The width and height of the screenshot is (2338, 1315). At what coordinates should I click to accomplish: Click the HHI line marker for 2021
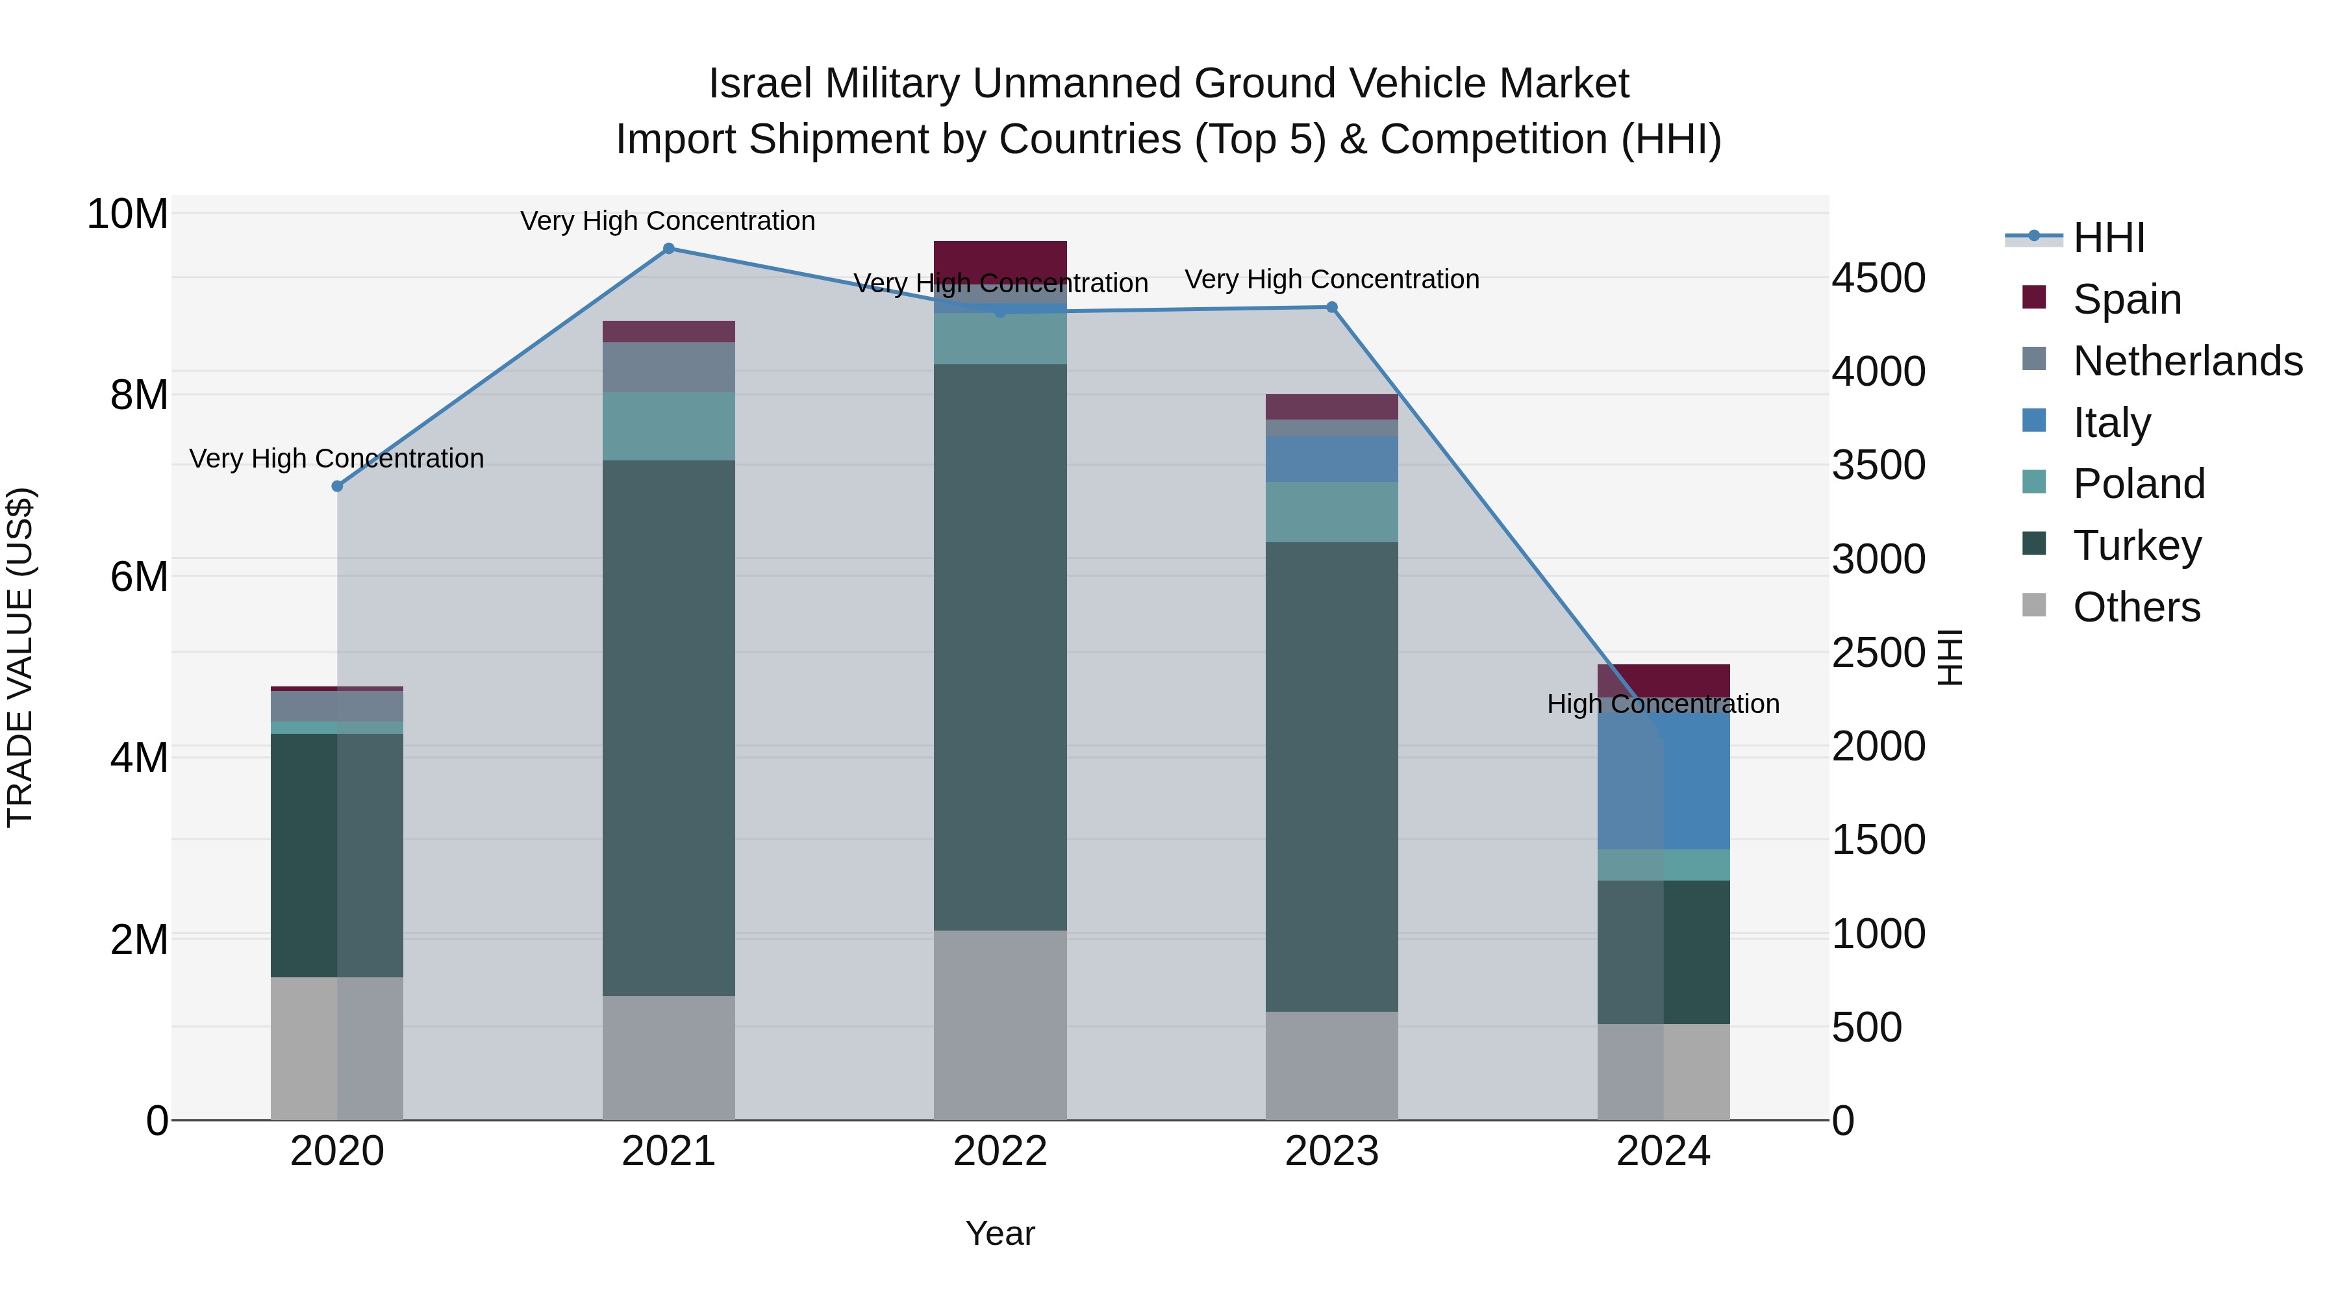tap(668, 249)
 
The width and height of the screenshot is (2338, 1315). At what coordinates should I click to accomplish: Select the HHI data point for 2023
tap(1331, 307)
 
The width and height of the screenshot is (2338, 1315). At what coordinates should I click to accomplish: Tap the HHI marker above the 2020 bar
tap(338, 486)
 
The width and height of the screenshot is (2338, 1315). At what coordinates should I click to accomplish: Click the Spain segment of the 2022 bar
tap(1000, 258)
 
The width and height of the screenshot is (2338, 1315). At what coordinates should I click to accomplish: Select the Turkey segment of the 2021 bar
tap(668, 726)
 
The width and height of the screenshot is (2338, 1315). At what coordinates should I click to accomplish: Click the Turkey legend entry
tap(2137, 545)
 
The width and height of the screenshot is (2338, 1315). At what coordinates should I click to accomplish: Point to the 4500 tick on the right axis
tap(1877, 278)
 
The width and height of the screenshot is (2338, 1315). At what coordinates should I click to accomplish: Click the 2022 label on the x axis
tap(1000, 1151)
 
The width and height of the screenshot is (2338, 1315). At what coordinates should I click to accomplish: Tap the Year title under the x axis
tap(1000, 1233)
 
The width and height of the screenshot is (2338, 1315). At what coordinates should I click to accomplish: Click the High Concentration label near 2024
tap(1663, 703)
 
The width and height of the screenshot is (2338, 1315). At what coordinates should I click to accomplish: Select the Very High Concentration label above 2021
tap(668, 221)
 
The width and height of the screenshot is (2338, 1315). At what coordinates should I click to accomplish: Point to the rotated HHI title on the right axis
tap(1948, 657)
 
